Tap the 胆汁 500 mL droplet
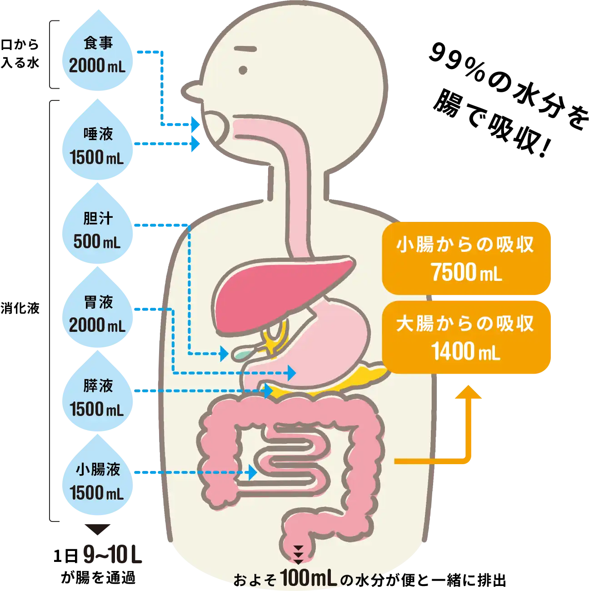tap(97, 230)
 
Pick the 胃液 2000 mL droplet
tap(97, 314)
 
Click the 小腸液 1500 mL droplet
tap(97, 481)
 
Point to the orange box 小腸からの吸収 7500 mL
tap(466, 258)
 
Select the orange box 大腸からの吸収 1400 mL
tap(466, 337)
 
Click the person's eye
tap(243, 70)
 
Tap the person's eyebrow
tap(245, 49)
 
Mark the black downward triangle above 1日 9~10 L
tap(97, 529)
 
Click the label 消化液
tap(20, 308)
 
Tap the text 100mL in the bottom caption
tap(308, 578)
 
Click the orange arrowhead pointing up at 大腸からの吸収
tap(468, 392)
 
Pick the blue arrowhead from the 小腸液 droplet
tap(253, 472)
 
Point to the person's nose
tap(191, 91)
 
